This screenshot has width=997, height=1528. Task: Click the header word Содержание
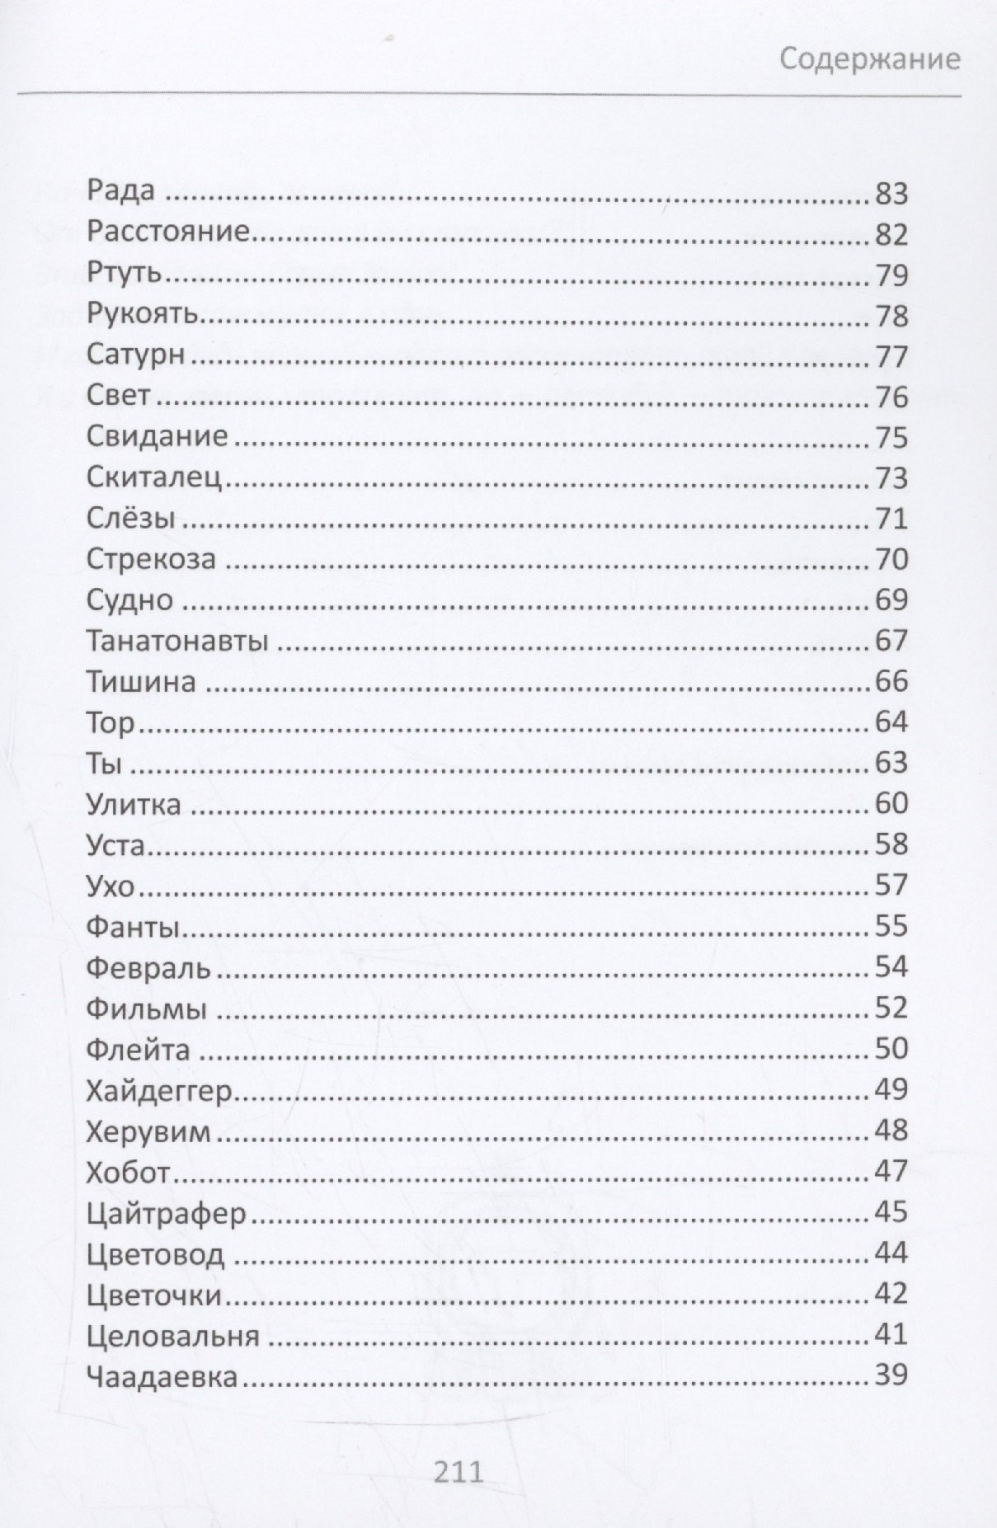pyautogui.click(x=870, y=59)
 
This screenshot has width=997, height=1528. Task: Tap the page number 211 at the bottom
pyautogui.click(x=459, y=1472)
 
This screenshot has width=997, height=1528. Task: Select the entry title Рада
pyautogui.click(x=120, y=191)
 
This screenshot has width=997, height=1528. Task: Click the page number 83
pyautogui.click(x=891, y=194)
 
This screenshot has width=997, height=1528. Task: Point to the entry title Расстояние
pyautogui.click(x=167, y=232)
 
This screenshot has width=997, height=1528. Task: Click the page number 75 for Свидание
pyautogui.click(x=891, y=437)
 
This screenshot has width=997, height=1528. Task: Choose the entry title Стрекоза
pyautogui.click(x=151, y=559)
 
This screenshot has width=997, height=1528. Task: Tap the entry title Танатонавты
pyautogui.click(x=177, y=641)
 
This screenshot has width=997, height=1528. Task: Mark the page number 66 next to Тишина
pyautogui.click(x=891, y=681)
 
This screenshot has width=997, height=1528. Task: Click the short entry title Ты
pyautogui.click(x=104, y=763)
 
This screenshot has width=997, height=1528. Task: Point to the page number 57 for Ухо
pyautogui.click(x=891, y=885)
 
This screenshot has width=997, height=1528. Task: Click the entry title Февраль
pyautogui.click(x=148, y=967)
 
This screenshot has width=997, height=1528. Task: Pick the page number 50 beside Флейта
pyautogui.click(x=891, y=1048)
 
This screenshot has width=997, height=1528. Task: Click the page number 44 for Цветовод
pyautogui.click(x=891, y=1253)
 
